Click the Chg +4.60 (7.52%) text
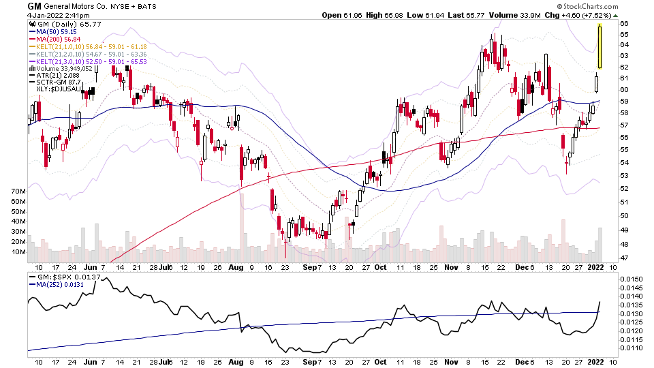click(586, 15)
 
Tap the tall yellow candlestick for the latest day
click(599, 46)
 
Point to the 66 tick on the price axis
click(624, 24)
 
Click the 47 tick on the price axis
click(624, 258)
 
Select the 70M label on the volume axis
click(18, 192)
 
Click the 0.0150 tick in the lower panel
click(633, 279)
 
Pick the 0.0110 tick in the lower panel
click(633, 348)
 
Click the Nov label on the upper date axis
click(451, 266)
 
